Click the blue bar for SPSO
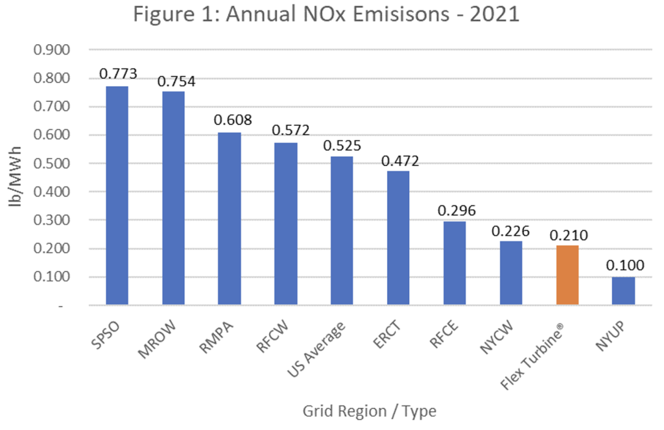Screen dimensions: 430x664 (117, 195)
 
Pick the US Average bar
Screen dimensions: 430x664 (342, 230)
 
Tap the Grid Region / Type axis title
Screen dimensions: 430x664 (369, 411)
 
